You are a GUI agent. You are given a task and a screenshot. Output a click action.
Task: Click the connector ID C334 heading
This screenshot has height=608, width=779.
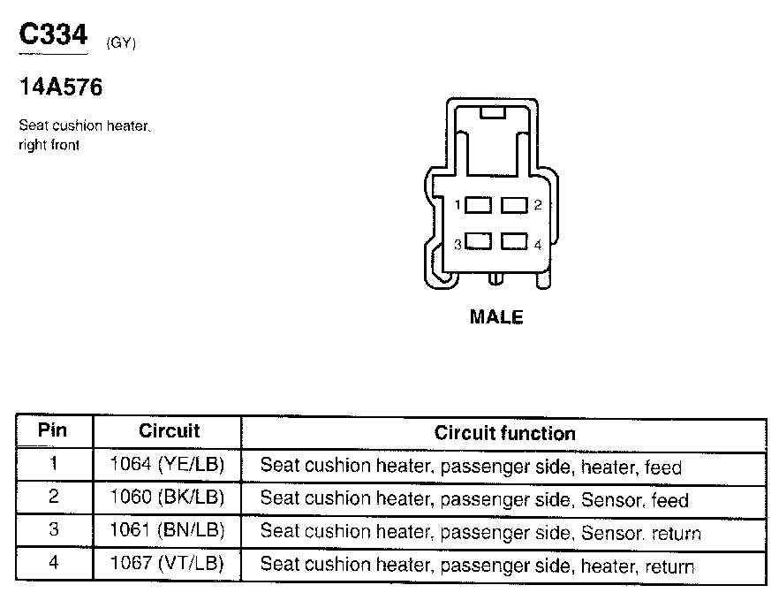(54, 34)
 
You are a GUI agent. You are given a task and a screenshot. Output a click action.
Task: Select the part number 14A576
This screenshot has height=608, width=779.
(60, 87)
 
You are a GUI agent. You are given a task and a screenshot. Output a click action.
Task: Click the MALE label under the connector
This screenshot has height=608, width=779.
(496, 316)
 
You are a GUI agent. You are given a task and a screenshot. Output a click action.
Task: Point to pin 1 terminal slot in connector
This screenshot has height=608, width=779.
(478, 205)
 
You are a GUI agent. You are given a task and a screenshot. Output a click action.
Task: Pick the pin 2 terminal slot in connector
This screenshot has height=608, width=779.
(514, 205)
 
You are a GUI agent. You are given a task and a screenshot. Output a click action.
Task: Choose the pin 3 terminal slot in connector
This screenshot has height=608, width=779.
(478, 241)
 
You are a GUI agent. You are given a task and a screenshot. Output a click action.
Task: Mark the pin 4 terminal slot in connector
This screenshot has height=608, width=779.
(514, 241)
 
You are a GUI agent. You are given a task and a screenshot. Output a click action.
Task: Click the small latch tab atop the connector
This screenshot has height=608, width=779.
(491, 112)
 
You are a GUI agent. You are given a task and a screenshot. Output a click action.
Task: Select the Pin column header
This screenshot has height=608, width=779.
(53, 431)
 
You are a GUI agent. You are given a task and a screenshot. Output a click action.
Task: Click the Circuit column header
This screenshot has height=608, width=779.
(169, 431)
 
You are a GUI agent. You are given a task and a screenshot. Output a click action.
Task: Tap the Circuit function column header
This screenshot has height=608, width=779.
(504, 433)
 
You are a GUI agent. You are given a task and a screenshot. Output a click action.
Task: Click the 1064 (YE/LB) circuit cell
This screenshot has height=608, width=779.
(168, 465)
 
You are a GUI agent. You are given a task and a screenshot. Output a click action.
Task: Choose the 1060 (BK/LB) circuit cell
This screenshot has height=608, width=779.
(168, 498)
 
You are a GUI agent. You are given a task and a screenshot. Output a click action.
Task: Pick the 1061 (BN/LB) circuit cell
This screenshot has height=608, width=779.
(168, 531)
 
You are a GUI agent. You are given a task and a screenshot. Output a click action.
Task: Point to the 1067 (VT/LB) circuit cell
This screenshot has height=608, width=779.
(168, 564)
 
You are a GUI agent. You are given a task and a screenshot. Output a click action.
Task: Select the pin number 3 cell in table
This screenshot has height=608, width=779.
(53, 531)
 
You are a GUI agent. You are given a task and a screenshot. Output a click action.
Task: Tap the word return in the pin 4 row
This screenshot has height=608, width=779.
(669, 566)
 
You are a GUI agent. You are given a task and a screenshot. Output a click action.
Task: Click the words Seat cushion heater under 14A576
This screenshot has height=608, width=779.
(85, 126)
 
